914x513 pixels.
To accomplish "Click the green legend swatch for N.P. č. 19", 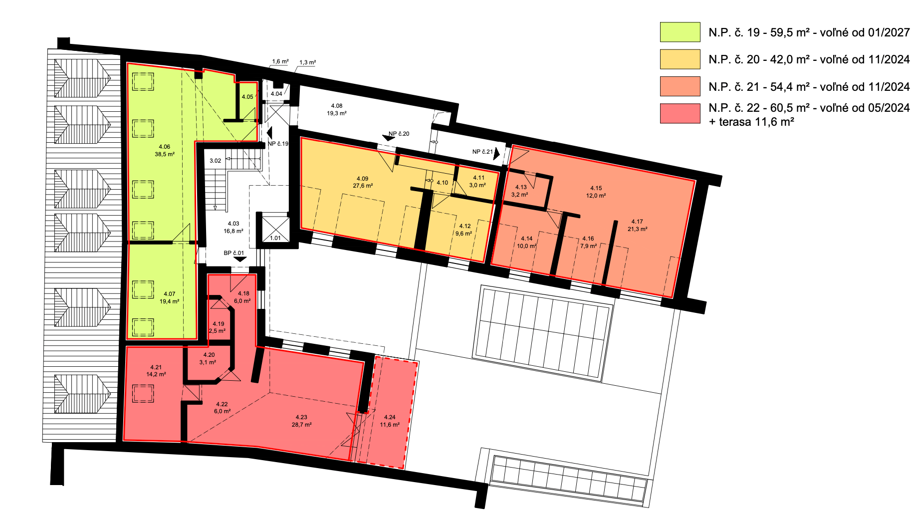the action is (x=680, y=32).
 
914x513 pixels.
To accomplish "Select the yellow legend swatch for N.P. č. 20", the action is (x=680, y=59).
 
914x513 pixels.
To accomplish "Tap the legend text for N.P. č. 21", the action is (x=809, y=87).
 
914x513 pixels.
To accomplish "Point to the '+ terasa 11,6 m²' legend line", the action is (x=751, y=122).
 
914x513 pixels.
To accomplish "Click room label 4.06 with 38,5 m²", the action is (x=165, y=151).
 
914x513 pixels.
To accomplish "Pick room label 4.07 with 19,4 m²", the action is (x=169, y=298).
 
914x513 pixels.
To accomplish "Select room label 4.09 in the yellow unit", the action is (x=363, y=182).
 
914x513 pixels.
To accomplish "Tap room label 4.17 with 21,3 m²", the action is (x=637, y=226).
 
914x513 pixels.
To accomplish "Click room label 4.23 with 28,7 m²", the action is (x=301, y=421).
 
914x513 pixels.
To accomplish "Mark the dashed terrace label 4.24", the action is (x=390, y=421).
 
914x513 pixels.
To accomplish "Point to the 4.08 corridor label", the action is (x=337, y=110).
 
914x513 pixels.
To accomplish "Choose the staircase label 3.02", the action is (x=215, y=161).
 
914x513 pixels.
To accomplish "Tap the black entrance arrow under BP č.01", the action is (x=240, y=259).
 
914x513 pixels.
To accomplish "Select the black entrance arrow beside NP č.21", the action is (x=496, y=154).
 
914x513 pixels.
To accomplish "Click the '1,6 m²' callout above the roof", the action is (x=280, y=62).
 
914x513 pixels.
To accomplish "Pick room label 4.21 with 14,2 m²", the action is (x=156, y=371).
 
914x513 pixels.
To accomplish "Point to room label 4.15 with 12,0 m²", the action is (x=596, y=192).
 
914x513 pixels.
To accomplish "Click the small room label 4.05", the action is (x=247, y=97).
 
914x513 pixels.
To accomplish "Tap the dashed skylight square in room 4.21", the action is (x=143, y=393).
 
